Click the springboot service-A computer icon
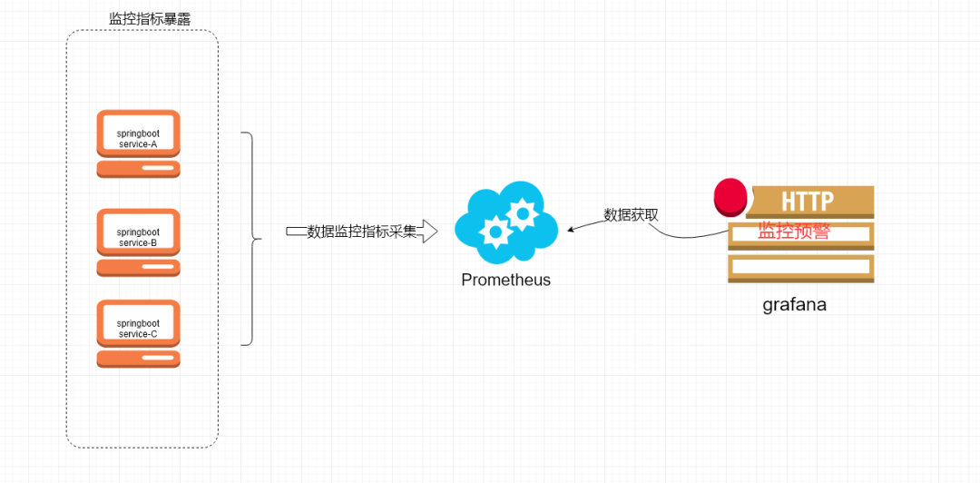point(138,143)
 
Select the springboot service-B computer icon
point(138,241)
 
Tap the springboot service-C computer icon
point(138,333)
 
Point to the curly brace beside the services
point(251,239)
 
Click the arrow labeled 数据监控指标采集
point(362,232)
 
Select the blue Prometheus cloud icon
point(505,222)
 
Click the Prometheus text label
point(505,280)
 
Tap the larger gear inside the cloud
point(523,214)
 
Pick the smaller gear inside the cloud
point(495,232)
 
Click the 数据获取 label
point(631,215)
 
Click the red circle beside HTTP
point(729,197)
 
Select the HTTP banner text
point(808,201)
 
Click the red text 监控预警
point(794,232)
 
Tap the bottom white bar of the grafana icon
point(800,269)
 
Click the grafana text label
point(794,305)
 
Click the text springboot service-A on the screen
point(138,139)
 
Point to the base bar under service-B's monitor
point(138,267)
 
